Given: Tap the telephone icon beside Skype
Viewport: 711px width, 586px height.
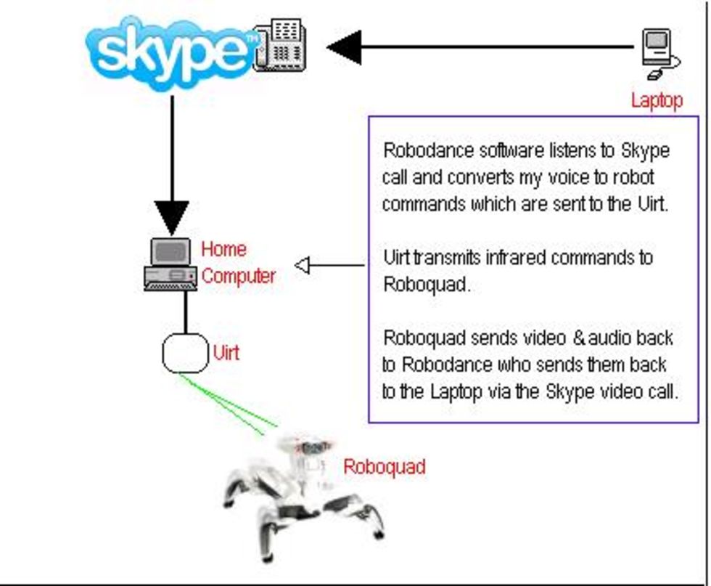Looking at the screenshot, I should [x=280, y=45].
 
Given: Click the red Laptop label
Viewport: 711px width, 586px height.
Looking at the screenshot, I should [x=657, y=100].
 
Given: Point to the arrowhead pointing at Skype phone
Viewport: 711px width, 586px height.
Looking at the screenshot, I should [x=345, y=47].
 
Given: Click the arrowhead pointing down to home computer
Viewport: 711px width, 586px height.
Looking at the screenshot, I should [x=172, y=219].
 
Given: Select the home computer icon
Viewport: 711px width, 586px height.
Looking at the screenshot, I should [x=170, y=265].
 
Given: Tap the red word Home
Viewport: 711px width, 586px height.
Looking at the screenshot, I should [x=223, y=249].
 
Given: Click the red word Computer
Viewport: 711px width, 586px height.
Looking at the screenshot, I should [x=239, y=277].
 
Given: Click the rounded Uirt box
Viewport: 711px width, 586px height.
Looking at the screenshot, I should [x=184, y=353].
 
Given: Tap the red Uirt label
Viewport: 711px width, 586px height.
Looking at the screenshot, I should [x=226, y=354].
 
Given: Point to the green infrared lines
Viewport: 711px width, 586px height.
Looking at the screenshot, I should [x=229, y=404].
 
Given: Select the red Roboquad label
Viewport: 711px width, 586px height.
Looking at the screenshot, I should [x=384, y=467].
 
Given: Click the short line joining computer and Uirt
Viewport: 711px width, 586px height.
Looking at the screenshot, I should [x=186, y=312].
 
